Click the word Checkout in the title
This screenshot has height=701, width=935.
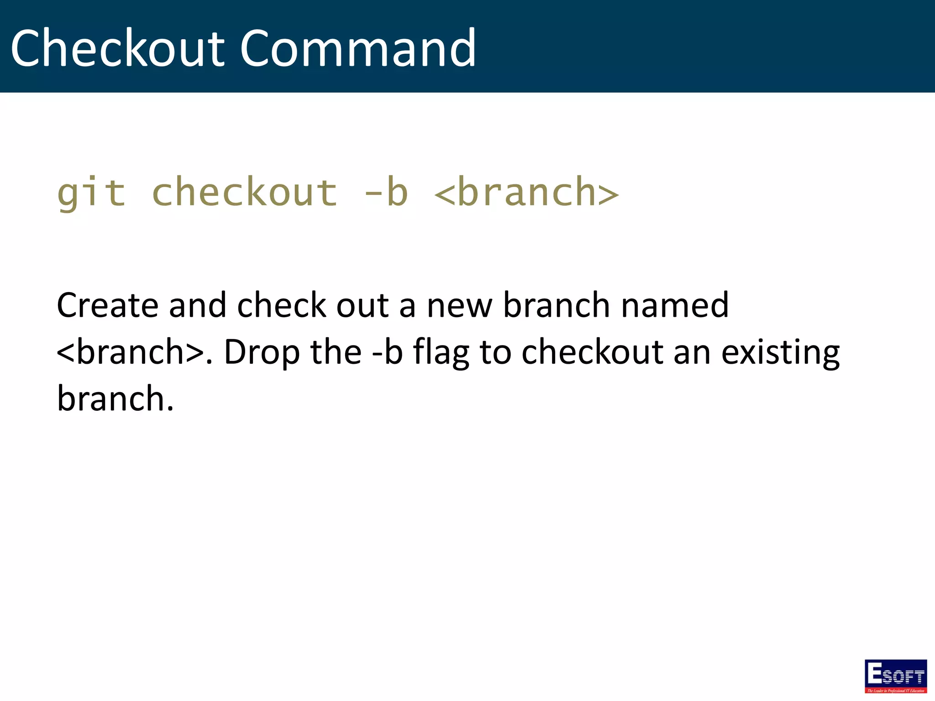(x=118, y=48)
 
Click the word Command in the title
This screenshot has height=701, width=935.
(x=358, y=48)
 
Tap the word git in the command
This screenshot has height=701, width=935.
(x=91, y=193)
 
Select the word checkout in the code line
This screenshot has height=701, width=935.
(x=245, y=193)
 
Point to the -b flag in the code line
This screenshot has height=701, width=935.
(x=386, y=193)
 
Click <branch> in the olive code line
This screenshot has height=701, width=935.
(x=526, y=193)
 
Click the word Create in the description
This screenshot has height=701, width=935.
(x=107, y=305)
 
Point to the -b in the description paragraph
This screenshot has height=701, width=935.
(x=388, y=352)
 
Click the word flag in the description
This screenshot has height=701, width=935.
(x=441, y=353)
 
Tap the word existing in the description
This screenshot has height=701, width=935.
(x=780, y=353)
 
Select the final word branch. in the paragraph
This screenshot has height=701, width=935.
(x=115, y=398)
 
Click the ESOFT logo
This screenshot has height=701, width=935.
(x=895, y=676)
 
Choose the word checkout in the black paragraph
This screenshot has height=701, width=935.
(x=592, y=352)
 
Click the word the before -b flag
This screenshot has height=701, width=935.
(x=336, y=352)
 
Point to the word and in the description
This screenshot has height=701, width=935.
(x=197, y=305)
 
